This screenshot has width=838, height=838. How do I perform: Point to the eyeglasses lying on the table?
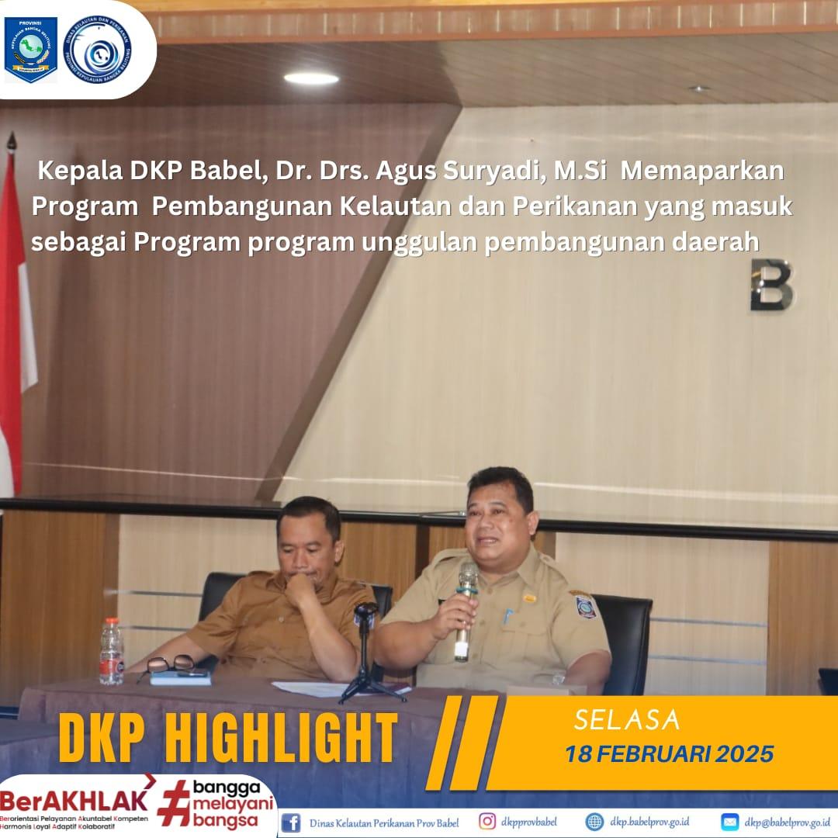pos(170,665)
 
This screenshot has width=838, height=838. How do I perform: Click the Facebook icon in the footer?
pos(291,822)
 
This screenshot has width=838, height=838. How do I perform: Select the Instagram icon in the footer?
pos(487,822)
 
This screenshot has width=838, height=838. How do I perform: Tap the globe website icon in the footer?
pos(594,822)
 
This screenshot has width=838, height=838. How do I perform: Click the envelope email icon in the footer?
pos(729,822)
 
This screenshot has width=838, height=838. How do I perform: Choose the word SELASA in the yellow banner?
pos(627,721)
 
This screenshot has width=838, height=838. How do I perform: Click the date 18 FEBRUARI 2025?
pos(669,753)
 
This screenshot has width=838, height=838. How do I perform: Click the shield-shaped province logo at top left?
pos(31,49)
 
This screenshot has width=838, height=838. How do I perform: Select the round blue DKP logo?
pos(97,49)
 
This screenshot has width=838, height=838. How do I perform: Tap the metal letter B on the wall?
pos(771,285)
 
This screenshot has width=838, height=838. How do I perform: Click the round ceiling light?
pos(311,78)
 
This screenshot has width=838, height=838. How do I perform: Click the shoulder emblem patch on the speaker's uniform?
pos(583,604)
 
